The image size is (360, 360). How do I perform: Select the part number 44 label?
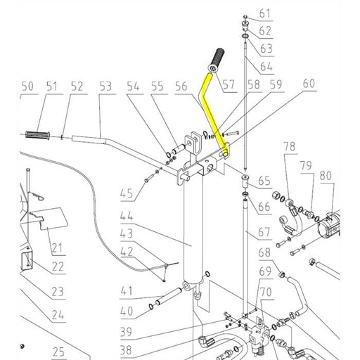pos(127,217)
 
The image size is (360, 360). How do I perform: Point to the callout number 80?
pos(326,174)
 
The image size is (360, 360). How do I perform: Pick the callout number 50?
pos(27,86)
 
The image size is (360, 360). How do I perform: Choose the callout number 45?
pos(127,193)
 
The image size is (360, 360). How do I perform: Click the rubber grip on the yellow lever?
pos(214,59)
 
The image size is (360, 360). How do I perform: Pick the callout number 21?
pos(56,247)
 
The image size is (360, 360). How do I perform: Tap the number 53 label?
pos(105,86)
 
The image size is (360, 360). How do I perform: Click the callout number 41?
pos(127,290)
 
